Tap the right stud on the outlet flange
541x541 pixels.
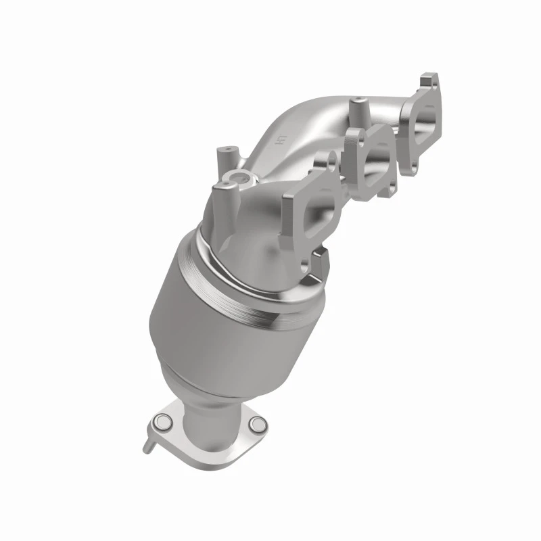256,425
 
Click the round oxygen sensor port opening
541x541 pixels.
240,180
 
